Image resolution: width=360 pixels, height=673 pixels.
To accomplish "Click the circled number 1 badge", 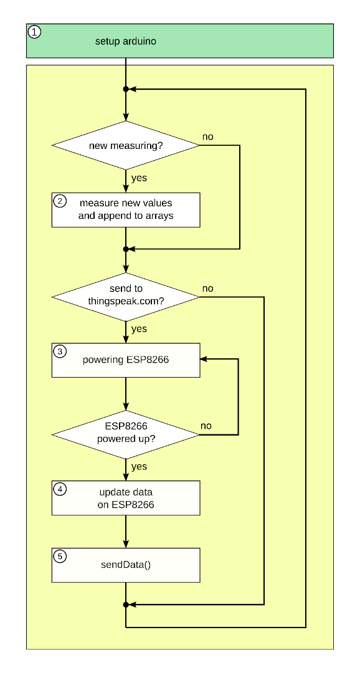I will pos(35,32).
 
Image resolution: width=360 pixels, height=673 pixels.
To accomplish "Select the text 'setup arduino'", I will pos(125,42).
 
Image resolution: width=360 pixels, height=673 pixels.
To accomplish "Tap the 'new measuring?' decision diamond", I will pos(126,146).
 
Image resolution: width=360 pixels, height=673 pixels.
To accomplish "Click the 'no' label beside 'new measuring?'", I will pos(207,136).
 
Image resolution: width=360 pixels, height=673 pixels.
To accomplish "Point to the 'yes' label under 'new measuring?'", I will pos(139,178).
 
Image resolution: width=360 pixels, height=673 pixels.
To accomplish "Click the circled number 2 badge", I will pos(60,201).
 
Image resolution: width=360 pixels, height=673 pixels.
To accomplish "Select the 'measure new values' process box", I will pos(126,210).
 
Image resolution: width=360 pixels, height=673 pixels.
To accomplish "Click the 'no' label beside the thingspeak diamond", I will pos(207,289).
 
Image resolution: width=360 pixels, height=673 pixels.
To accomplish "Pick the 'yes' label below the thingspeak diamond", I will pos(139,328).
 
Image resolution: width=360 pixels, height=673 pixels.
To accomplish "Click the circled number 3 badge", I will pos(60,351).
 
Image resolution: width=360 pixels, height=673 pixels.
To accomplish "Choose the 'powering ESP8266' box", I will pos(126,360).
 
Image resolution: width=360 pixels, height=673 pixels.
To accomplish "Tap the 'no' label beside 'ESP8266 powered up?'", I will pos(206,426).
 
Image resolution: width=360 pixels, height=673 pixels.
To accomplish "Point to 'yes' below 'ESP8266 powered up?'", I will pos(139,466).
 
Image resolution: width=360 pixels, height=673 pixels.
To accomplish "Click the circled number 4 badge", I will pos(60,489).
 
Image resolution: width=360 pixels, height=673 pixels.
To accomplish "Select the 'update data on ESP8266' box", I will pos(126,498).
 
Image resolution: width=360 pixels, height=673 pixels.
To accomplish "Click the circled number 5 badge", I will pos(60,556).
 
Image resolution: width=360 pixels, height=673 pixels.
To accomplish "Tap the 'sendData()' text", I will pos(126,565).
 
